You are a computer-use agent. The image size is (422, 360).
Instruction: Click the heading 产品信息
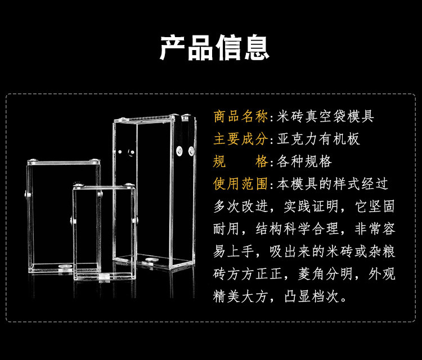[214, 48]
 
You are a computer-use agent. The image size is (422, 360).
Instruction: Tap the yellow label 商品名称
[240, 116]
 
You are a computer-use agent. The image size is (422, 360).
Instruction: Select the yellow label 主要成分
[240, 139]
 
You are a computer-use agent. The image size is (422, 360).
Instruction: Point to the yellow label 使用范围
[240, 184]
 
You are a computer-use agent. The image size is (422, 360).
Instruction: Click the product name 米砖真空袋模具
[325, 116]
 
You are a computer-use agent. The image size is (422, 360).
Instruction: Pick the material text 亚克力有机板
[318, 139]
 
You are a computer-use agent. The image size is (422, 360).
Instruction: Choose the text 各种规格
[304, 161]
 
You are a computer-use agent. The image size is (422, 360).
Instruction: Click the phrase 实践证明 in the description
[311, 206]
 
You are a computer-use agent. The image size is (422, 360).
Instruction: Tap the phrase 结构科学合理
[297, 229]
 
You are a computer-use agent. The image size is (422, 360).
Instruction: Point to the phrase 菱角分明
[325, 274]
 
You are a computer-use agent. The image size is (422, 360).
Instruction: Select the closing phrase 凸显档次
[311, 296]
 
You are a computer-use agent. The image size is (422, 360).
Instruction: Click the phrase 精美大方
[240, 296]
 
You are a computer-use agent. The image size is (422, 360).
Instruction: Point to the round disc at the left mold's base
[66, 267]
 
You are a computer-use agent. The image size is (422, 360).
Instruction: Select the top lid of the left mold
[64, 162]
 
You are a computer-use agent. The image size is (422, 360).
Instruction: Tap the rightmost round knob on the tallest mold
[191, 151]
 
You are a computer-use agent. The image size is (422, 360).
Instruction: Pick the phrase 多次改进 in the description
[240, 206]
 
